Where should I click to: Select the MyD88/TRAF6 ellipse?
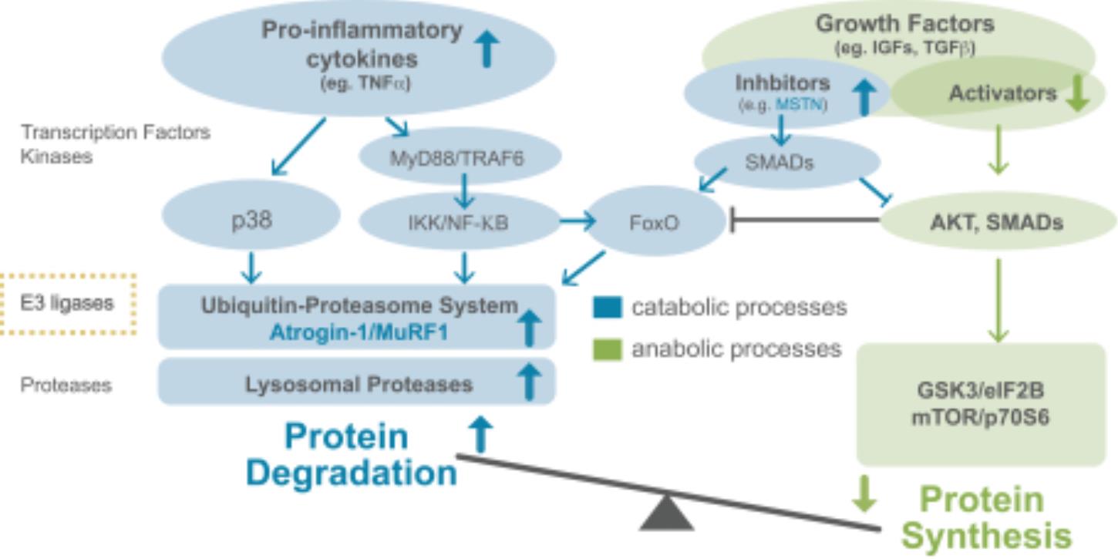(x=460, y=156)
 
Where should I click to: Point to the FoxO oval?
(x=655, y=221)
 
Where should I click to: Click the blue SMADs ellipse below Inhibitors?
(x=786, y=162)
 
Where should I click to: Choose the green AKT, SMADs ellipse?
(x=997, y=221)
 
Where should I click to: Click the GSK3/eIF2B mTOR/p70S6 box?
(x=982, y=404)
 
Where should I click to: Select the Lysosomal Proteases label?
(x=359, y=384)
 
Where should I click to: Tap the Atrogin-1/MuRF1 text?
(x=359, y=332)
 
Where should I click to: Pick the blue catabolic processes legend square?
(x=608, y=307)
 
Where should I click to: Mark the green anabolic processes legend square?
(x=608, y=349)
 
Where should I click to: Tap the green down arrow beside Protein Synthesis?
(x=864, y=493)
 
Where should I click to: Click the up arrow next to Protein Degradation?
(x=480, y=434)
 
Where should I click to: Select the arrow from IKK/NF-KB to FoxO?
(x=578, y=221)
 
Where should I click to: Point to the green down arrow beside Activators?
(x=1078, y=93)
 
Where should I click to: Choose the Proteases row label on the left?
(x=66, y=386)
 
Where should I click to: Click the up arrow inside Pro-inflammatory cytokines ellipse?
(x=487, y=49)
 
